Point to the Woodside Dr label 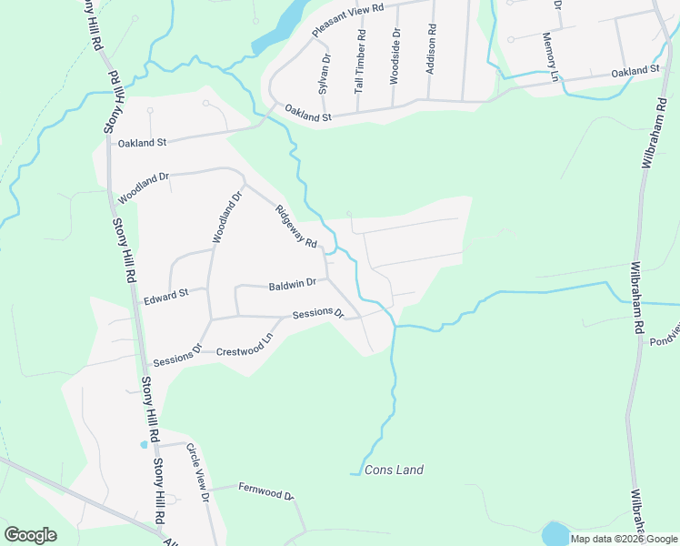(395, 60)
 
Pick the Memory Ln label (549, 57)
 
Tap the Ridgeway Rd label (297, 226)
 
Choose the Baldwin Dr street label (292, 285)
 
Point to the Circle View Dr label (198, 472)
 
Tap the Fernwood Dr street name (265, 491)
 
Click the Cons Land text (394, 470)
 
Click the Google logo (30, 535)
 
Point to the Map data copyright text (625, 539)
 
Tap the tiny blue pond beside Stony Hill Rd (143, 445)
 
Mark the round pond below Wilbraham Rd (555, 532)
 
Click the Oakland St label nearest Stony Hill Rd (143, 143)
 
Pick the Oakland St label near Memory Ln (635, 71)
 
